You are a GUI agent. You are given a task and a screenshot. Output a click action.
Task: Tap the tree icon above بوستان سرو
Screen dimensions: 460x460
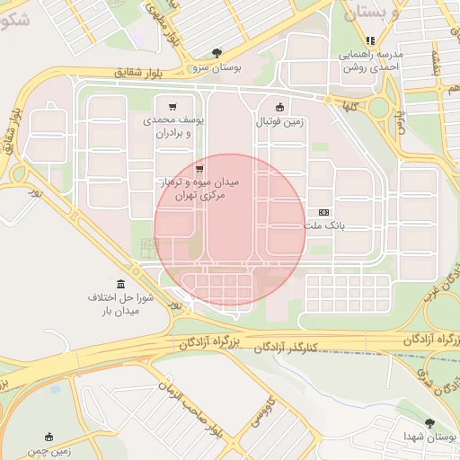(215, 54)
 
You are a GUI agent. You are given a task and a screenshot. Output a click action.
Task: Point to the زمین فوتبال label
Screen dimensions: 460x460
(279, 120)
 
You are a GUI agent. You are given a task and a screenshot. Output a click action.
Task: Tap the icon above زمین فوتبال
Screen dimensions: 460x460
(279, 106)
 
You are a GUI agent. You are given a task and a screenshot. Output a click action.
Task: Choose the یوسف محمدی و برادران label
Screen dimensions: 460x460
(172, 125)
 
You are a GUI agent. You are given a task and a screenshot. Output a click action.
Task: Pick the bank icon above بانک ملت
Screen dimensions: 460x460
(323, 212)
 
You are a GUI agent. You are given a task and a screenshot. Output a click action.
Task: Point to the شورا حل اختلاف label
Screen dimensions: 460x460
(121, 304)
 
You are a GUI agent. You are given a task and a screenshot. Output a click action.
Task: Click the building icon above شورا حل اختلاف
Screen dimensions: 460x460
(121, 284)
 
